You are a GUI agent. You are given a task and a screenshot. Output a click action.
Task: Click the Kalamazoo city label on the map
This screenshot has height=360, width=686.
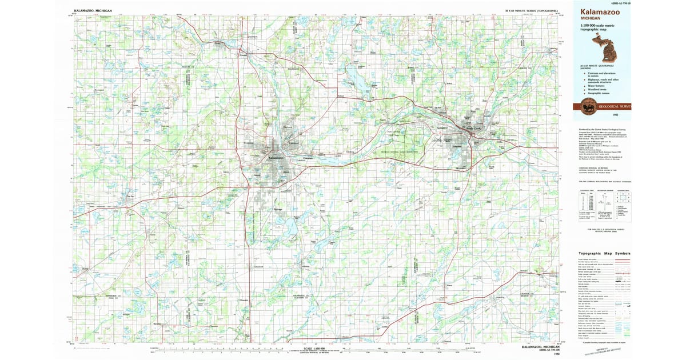(276, 158)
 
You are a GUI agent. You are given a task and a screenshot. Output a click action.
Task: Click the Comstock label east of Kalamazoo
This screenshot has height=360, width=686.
(308, 158)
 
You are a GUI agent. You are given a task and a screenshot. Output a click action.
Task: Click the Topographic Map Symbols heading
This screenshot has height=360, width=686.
(604, 253)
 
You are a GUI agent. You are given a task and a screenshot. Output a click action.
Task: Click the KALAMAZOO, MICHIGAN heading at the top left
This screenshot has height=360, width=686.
(93, 11)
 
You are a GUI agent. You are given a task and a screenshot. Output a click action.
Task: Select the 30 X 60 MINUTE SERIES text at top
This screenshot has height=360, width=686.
(531, 11)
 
